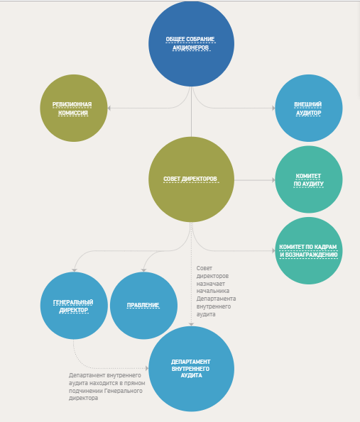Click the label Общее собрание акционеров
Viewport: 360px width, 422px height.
point(190,43)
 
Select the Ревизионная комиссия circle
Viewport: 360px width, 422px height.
point(74,109)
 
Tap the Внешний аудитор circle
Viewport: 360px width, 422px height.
point(309,109)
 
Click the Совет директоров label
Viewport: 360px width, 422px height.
point(190,179)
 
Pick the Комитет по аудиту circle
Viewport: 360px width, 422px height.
point(309,179)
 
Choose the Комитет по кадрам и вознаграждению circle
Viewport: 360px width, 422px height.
point(309,250)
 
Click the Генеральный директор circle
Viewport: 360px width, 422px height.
point(74,306)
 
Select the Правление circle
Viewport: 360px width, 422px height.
point(143,306)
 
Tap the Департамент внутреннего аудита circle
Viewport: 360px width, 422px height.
point(191,369)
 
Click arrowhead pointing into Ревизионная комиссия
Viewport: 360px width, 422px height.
point(109,109)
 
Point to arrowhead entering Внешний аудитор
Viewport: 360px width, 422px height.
point(273,109)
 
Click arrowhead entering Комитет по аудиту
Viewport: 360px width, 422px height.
point(273,179)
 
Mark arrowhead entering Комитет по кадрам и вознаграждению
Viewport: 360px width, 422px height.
point(273,250)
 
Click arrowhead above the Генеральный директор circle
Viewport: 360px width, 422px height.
point(75,270)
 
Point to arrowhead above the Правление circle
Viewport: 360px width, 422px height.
point(143,270)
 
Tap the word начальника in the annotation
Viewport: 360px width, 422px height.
point(213,291)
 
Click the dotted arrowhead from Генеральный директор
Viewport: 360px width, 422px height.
point(147,368)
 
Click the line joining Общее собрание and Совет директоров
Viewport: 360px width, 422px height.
point(191,111)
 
